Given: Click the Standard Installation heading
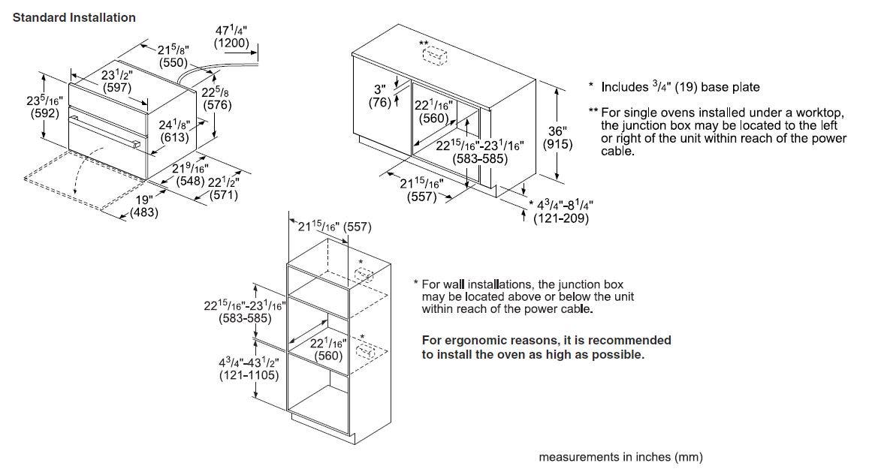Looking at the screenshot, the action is pos(74,17).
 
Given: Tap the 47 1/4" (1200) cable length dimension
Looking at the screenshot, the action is pos(231,37).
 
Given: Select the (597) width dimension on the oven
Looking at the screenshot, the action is pos(117,87).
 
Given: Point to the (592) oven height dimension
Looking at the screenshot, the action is pos(44,113).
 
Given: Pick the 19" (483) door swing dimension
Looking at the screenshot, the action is pos(143,206).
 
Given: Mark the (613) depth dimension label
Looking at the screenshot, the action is pos(174,137).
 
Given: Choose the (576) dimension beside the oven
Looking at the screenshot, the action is pos(217,105).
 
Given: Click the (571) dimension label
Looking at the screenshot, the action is pos(224,195).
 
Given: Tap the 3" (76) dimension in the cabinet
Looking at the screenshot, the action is pos(380,96).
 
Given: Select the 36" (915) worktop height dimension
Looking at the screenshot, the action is pos(557,138).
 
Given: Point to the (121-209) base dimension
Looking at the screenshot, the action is pos(560,218).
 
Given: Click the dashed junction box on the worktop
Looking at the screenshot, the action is pos(435,56).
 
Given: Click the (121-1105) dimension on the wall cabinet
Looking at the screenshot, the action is pos(249,375).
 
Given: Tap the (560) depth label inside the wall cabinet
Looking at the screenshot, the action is pos(329,356).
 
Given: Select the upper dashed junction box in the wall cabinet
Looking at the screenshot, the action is pos(364,275).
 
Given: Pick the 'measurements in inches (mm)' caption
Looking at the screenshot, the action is pos(620,457).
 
